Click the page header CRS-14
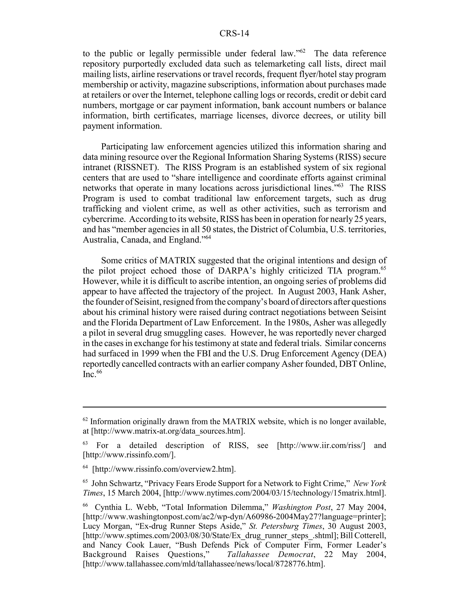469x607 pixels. (x=234, y=33)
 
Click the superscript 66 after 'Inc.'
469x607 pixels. (x=99, y=372)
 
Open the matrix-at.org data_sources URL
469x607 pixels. (x=168, y=431)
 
